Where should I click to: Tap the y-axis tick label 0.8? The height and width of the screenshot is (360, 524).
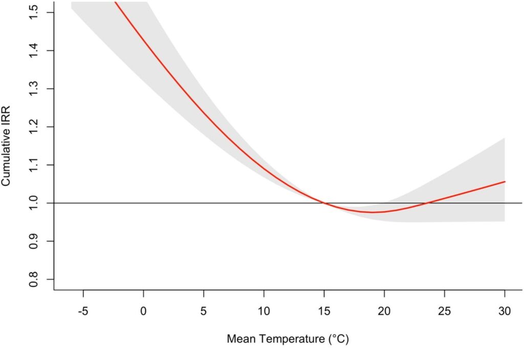(34, 279)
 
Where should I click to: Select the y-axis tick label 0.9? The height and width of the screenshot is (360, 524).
(34, 241)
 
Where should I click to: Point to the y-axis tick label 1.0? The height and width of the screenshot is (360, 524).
(34, 203)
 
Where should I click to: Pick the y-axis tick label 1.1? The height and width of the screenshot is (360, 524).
(34, 165)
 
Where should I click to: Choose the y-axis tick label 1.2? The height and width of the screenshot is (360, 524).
(34, 127)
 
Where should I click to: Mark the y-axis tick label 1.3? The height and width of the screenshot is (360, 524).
(34, 89)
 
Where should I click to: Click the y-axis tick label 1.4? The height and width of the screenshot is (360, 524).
(34, 51)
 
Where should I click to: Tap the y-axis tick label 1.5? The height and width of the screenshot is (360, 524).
(34, 13)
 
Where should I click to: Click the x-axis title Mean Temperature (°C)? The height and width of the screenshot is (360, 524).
(288, 339)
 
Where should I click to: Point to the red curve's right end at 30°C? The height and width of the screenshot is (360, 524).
(505, 182)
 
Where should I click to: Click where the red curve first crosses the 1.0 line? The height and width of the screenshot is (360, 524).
(324, 203)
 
